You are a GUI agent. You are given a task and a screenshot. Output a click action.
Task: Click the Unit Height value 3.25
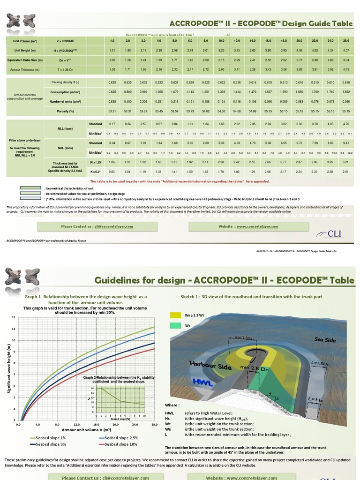[221, 50]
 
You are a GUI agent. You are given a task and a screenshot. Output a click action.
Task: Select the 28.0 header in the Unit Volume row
[346, 40]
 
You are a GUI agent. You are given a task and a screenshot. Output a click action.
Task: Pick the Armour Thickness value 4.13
[346, 69]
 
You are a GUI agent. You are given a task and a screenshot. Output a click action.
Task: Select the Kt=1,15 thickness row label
[96, 162]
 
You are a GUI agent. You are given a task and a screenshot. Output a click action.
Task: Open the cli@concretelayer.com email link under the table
[113, 226]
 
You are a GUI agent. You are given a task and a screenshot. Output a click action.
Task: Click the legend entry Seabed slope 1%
[48, 438]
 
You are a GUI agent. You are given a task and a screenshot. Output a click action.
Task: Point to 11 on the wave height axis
[14, 329]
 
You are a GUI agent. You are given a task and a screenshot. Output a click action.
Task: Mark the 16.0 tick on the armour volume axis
[96, 425]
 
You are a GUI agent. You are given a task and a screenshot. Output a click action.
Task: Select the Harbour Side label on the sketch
[210, 365]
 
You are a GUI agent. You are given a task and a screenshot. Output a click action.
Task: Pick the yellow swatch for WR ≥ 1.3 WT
[174, 316]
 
